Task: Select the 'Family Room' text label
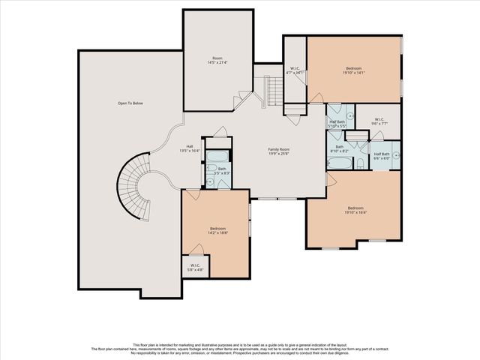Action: pos(279,151)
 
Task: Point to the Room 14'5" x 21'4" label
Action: pos(217,60)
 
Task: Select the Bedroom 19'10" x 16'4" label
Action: pos(355,210)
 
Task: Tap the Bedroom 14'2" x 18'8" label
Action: pos(217,230)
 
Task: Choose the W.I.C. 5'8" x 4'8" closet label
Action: pos(195,266)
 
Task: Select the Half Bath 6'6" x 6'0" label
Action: pos(382,155)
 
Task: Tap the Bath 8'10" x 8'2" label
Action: pos(340,148)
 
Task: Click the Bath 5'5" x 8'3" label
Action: pos(222,171)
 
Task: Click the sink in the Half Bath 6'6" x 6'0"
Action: pos(396,156)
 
